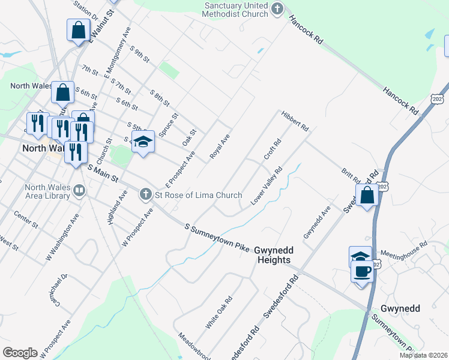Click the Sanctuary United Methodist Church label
pyautogui.click(x=235, y=9)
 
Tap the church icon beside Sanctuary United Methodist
pyautogui.click(x=277, y=9)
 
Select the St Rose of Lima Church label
pyautogui.click(x=198, y=194)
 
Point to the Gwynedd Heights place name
pyautogui.click(x=273, y=254)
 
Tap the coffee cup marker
pyautogui.click(x=362, y=271)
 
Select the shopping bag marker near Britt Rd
pyautogui.click(x=366, y=196)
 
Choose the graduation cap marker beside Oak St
pyautogui.click(x=143, y=142)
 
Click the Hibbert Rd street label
pyautogui.click(x=294, y=121)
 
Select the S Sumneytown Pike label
pyautogui.click(x=217, y=238)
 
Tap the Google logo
pyautogui.click(x=20, y=352)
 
